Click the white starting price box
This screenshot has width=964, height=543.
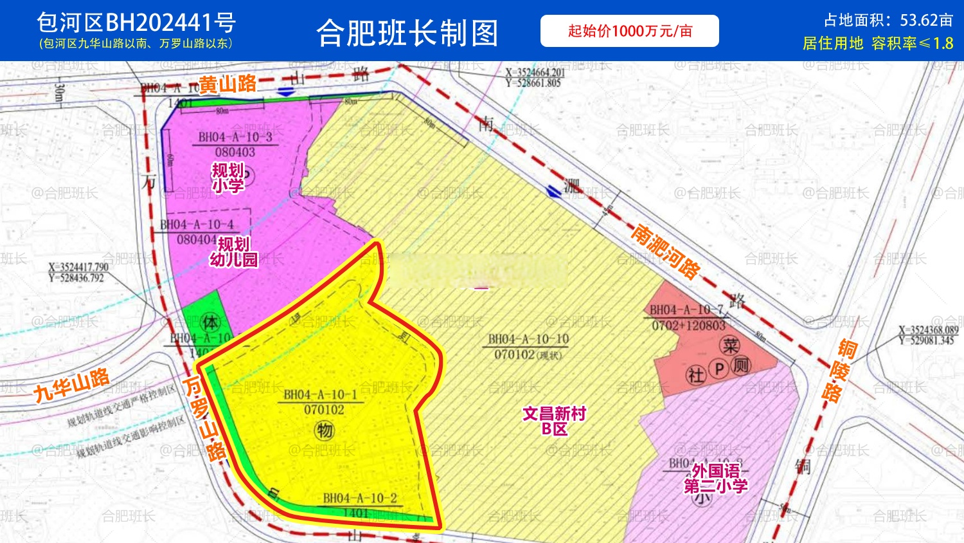tap(629, 31)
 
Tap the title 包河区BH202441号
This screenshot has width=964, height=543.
tap(136, 23)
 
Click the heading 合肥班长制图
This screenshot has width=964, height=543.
tap(407, 33)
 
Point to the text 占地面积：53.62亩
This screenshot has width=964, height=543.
tap(888, 21)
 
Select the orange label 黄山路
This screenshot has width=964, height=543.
tap(228, 84)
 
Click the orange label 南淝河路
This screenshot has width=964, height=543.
tap(665, 252)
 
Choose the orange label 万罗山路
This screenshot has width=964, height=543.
tap(205, 418)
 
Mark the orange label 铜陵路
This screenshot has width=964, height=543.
tap(839, 371)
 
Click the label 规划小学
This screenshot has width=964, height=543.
tap(228, 178)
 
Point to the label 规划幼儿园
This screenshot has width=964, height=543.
tap(233, 252)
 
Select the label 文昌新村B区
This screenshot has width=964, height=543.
tap(554, 421)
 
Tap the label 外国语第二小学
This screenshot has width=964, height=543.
tap(715, 479)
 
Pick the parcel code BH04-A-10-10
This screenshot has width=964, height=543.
tap(528, 339)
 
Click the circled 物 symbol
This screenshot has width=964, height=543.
tap(325, 430)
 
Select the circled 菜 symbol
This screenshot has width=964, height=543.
tap(730, 346)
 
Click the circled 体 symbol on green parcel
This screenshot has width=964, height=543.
tap(210, 322)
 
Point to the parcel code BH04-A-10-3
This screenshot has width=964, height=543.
tap(235, 137)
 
